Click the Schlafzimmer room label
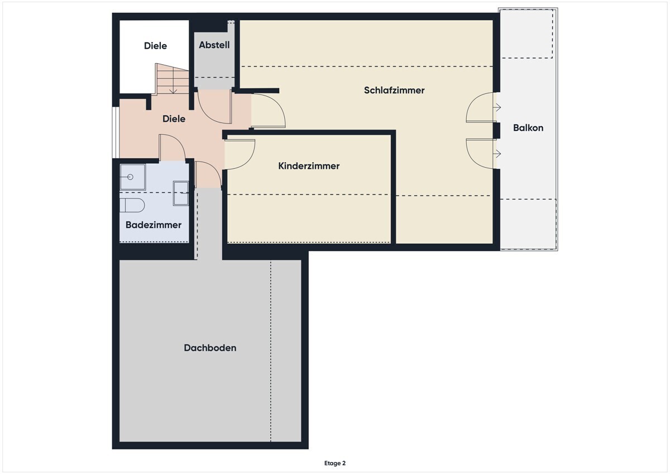[394, 90]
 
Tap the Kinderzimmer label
[309, 166]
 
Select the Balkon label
[528, 128]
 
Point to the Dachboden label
[210, 348]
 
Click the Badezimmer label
[154, 225]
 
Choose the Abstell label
[214, 45]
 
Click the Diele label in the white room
[155, 46]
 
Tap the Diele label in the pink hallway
[174, 119]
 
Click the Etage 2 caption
[334, 463]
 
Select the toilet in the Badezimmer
[132, 205]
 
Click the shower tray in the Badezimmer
[133, 177]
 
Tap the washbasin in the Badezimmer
[181, 193]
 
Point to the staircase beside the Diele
[172, 79]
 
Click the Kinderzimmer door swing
[240, 154]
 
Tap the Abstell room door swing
[214, 106]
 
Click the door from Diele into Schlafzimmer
[269, 111]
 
